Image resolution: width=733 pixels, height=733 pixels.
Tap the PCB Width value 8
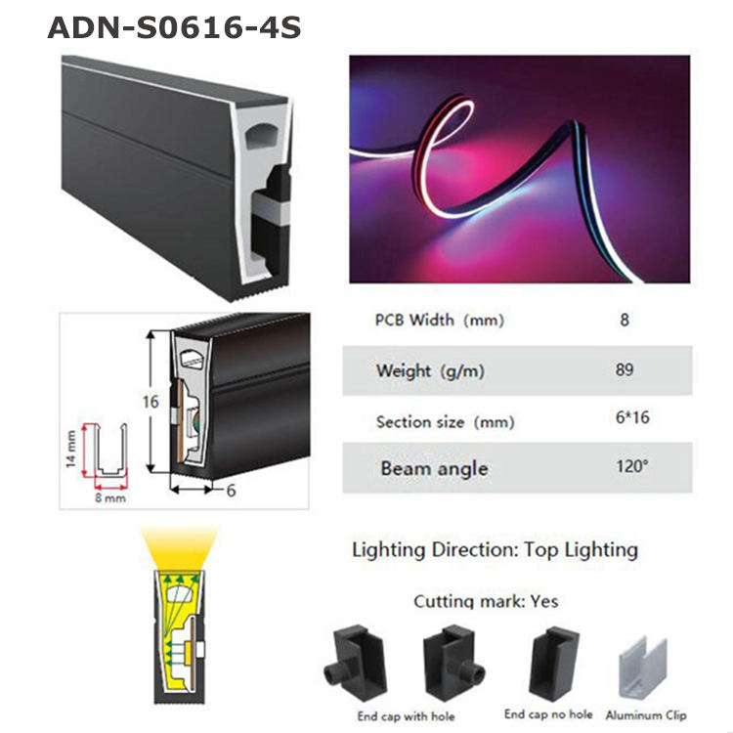tap(625, 320)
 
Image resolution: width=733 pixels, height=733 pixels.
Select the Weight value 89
tap(625, 369)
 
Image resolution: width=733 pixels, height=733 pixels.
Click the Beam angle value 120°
tap(631, 466)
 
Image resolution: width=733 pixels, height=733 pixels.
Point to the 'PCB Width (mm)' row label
tap(440, 320)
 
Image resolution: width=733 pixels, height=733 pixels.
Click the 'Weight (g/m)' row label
tap(430, 370)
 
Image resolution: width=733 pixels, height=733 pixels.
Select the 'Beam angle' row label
tap(433, 468)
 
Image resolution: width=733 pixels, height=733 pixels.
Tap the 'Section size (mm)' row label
tap(445, 421)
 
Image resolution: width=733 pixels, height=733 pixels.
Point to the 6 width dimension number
tap(230, 491)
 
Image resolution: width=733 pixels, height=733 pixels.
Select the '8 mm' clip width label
tap(109, 496)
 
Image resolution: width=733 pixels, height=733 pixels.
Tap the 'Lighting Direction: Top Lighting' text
tap(495, 549)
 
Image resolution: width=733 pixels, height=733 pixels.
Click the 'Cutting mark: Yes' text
tap(486, 601)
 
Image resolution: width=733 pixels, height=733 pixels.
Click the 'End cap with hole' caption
tap(406, 716)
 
